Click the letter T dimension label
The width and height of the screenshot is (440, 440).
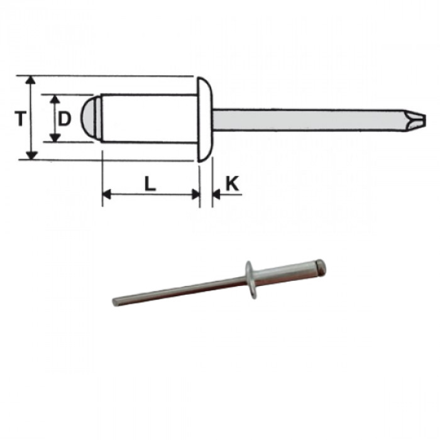tap(21, 118)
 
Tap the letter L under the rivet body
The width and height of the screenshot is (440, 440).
tap(150, 184)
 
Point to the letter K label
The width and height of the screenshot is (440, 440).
tap(232, 184)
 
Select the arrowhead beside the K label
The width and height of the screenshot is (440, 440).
tap(216, 195)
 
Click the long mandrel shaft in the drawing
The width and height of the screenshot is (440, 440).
tap(302, 119)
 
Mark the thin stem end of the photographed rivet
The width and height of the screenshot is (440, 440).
tap(117, 302)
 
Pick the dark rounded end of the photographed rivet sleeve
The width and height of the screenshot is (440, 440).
tap(321, 267)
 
